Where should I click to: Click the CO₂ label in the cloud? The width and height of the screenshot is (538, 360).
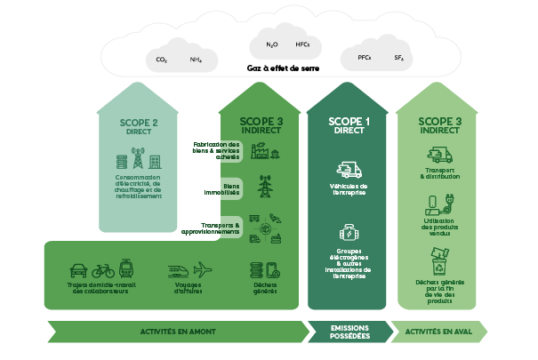click(x=161, y=60)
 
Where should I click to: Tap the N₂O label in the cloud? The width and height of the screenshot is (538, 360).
click(x=272, y=44)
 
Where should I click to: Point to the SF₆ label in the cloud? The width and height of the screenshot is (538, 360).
click(x=398, y=58)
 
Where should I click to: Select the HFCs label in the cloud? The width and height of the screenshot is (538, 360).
click(x=302, y=44)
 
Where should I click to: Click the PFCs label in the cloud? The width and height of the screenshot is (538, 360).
click(x=351, y=58)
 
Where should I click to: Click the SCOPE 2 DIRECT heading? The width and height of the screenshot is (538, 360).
click(x=139, y=126)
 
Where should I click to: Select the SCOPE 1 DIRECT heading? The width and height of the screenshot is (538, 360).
click(x=349, y=124)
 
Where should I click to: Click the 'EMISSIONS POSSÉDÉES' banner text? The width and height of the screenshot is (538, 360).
click(x=349, y=332)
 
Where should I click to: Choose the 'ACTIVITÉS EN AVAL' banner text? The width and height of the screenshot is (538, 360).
click(x=438, y=332)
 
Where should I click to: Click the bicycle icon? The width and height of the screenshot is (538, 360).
click(x=103, y=269)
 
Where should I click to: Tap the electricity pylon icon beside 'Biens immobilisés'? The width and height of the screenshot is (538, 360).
click(x=264, y=188)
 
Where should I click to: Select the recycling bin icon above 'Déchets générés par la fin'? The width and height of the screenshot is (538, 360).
click(x=439, y=264)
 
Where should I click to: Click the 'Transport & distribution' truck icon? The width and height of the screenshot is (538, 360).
click(x=439, y=156)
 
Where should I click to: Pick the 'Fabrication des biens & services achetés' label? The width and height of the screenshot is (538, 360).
click(x=215, y=149)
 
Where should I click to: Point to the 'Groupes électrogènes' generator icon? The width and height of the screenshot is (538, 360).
click(x=349, y=233)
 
